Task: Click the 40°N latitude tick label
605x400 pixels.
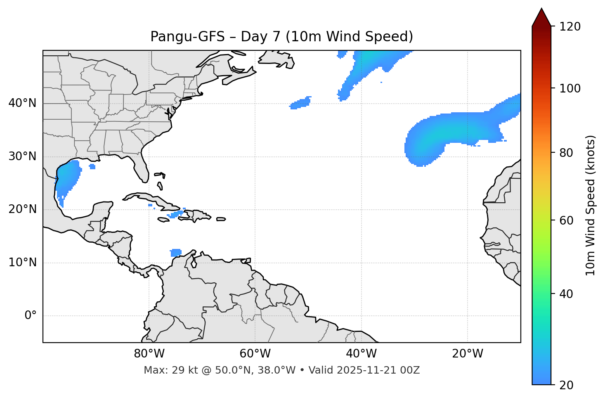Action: coord(22,103)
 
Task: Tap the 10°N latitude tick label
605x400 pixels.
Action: coord(22,263)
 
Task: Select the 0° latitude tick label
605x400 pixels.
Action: coord(30,316)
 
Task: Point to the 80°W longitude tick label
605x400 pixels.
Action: coord(149,354)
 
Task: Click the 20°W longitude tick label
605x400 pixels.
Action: coord(468,354)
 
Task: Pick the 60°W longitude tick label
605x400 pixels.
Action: coord(255,354)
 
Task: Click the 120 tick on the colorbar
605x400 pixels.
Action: coord(570,27)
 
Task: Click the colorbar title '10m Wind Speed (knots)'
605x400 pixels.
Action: coord(591,205)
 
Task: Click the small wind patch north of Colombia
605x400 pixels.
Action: coord(176,252)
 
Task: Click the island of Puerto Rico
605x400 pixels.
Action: coord(221,219)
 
